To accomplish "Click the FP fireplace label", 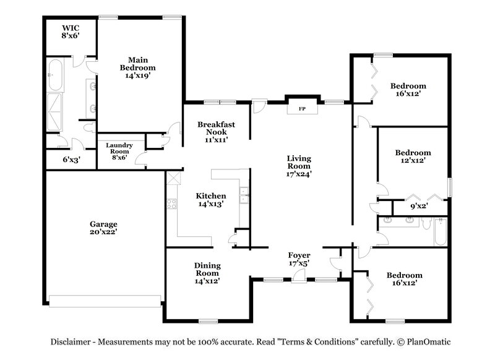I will click(x=303, y=109).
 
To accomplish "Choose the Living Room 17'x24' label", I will click(x=298, y=166).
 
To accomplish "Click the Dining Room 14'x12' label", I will click(x=207, y=273).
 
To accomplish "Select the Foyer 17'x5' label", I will click(x=299, y=259).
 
